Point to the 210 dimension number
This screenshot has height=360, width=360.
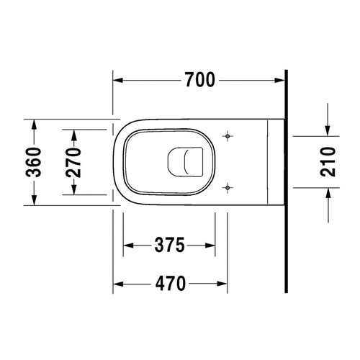click(328, 161)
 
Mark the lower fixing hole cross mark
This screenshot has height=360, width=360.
click(228, 187)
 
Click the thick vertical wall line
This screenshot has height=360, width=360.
click(287, 180)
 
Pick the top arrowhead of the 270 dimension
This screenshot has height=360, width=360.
click(72, 133)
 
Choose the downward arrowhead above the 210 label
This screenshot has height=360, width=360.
click(328, 129)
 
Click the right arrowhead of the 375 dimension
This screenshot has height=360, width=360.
click(211, 245)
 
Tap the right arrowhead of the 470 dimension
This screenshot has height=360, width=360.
click(223, 282)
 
